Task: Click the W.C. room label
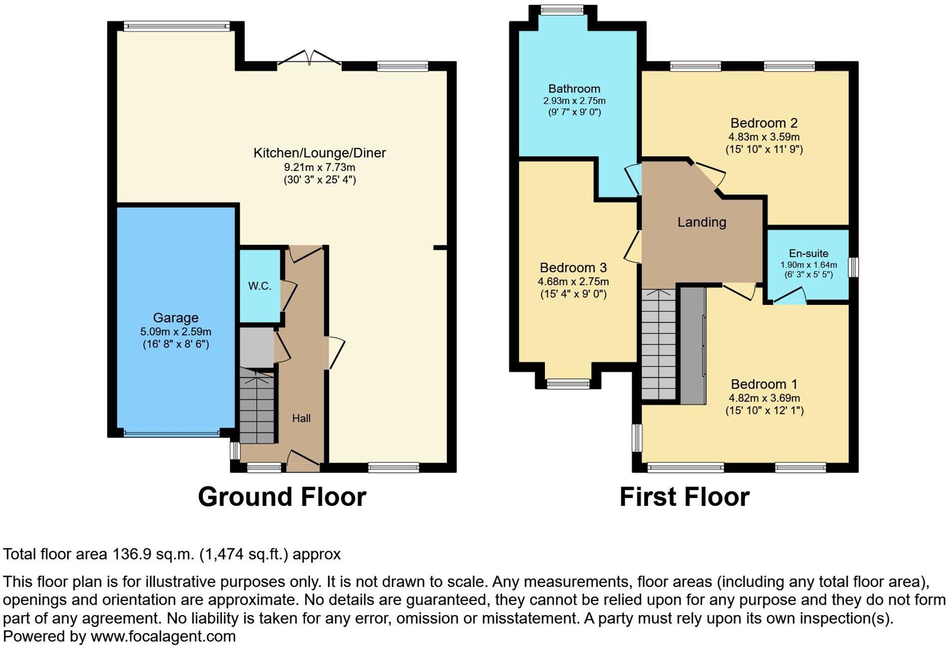(x=259, y=286)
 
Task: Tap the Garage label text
(x=176, y=318)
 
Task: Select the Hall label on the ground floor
(x=301, y=418)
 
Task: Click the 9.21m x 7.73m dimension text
(x=319, y=167)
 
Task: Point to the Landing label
(x=702, y=222)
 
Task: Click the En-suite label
(x=808, y=253)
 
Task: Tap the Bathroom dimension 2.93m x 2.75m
(x=574, y=101)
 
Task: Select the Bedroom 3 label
(x=573, y=268)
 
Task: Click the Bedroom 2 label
(x=764, y=123)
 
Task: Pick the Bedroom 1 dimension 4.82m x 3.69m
(x=764, y=398)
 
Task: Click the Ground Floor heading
(x=282, y=497)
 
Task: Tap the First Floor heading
(x=684, y=497)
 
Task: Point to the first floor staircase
(x=658, y=344)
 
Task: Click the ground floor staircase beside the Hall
(x=257, y=406)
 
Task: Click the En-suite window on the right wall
(x=854, y=267)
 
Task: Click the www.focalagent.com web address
(x=163, y=637)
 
